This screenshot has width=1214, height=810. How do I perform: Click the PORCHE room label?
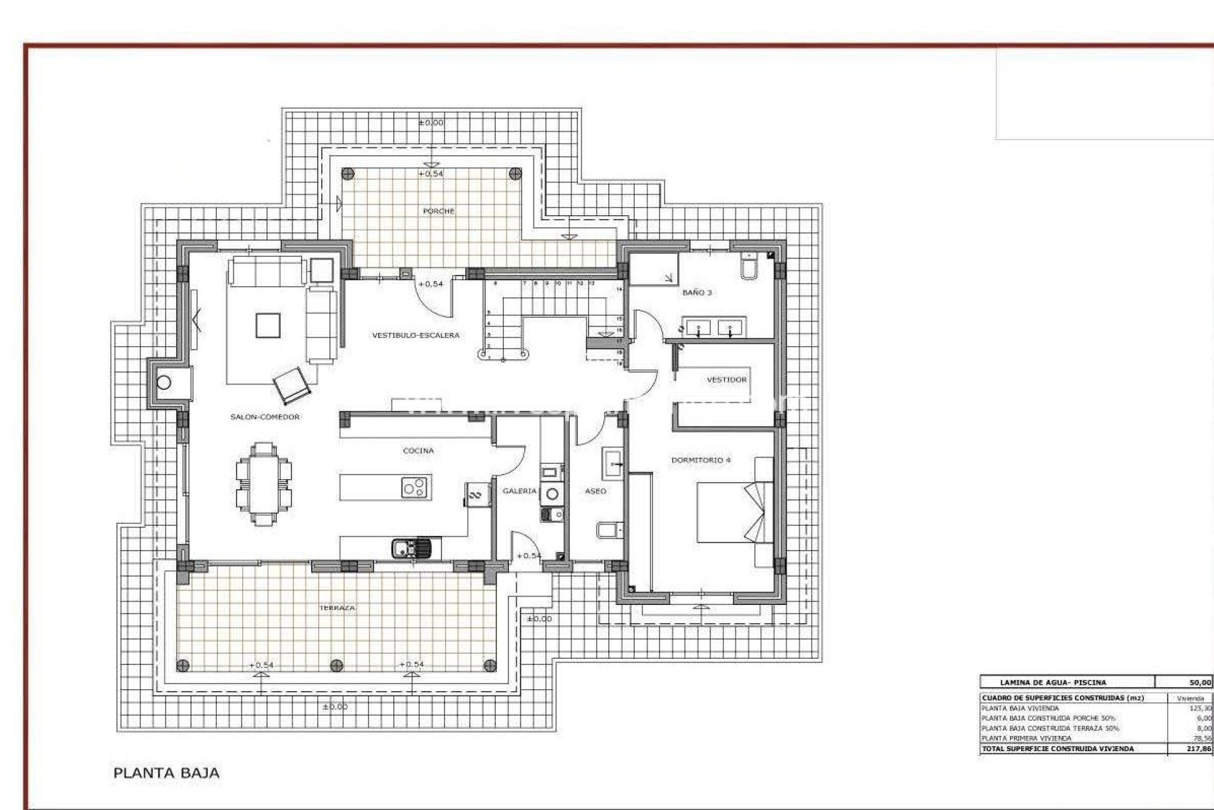pos(438,211)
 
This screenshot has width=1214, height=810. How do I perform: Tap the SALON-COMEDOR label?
pos(265,417)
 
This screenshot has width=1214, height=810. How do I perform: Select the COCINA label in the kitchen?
pos(419,451)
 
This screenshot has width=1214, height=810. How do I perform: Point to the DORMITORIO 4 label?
pos(701,460)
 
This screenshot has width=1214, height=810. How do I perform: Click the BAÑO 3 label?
pos(697,293)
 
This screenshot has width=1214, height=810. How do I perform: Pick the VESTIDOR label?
pos(727,380)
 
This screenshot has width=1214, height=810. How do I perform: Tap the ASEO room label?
pos(596,491)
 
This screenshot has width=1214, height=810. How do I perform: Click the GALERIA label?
pos(519,491)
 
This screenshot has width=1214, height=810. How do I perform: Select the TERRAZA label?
pos(337,607)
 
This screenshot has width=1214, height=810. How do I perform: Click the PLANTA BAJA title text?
pos(166,773)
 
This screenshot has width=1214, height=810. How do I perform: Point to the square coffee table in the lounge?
pos(267,326)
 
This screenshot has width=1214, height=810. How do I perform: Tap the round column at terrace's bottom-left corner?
pos(183,665)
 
